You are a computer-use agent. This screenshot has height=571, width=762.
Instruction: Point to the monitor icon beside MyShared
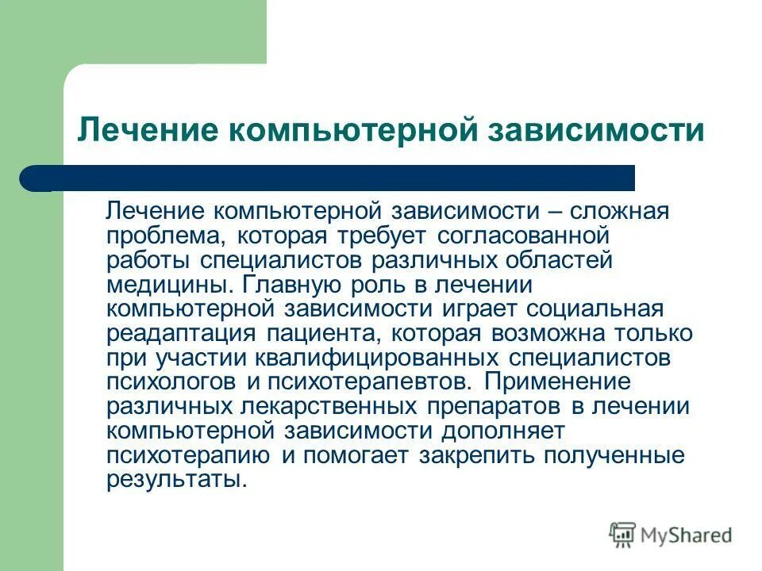point(622,535)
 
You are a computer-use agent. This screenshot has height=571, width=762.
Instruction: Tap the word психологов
point(171,381)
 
